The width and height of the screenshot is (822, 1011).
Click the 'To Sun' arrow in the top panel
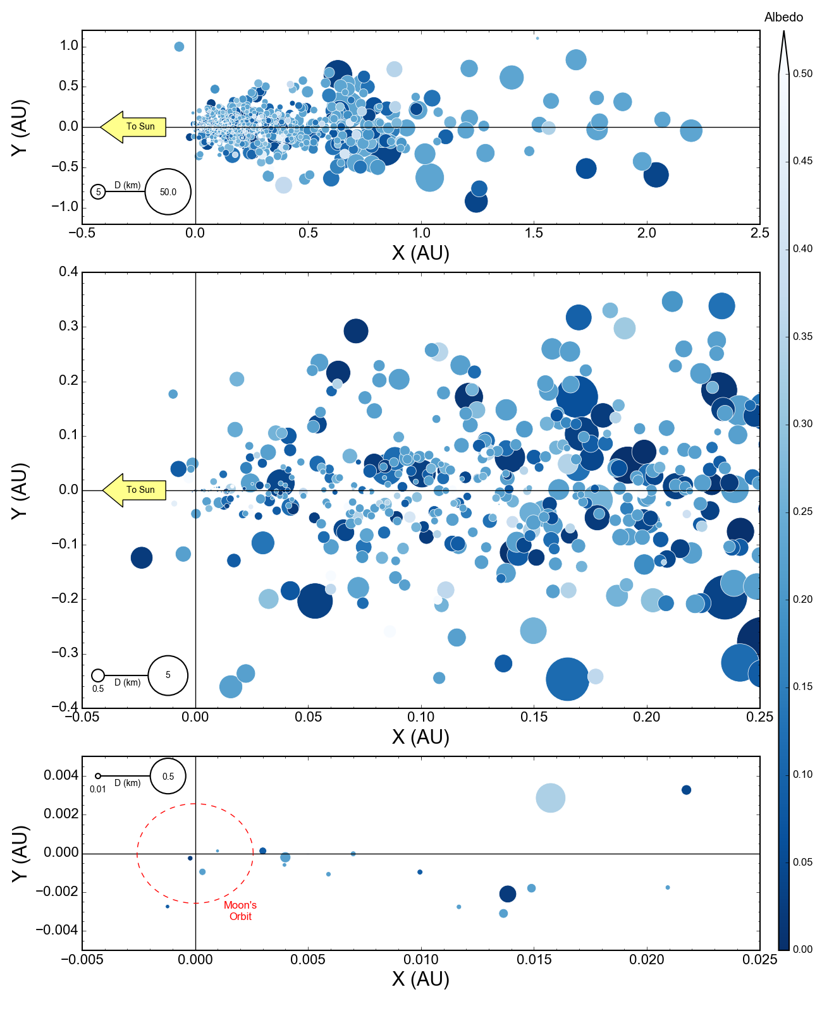(133, 127)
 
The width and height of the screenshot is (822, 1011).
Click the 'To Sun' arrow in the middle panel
(135, 490)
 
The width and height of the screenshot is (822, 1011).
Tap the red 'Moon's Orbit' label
(240, 911)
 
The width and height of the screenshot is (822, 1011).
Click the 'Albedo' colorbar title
(783, 17)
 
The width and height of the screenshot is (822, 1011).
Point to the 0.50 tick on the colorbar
(802, 74)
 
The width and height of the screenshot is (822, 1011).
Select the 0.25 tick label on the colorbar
(802, 511)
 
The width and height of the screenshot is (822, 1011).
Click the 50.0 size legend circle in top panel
(168, 192)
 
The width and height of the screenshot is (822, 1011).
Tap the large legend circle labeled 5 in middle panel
(168, 675)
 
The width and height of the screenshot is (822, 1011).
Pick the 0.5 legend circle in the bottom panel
(168, 776)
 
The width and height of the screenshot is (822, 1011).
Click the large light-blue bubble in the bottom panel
(550, 797)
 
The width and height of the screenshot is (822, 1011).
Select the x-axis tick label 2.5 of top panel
(759, 233)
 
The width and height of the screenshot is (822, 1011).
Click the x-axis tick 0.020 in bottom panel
(647, 959)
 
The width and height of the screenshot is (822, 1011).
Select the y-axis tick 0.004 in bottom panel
(61, 775)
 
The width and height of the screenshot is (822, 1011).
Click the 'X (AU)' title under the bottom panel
(420, 979)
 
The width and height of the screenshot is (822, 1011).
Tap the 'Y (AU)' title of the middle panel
(20, 490)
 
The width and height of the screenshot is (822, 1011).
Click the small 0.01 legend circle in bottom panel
(98, 776)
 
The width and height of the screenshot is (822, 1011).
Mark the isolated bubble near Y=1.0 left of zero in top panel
(179, 47)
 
